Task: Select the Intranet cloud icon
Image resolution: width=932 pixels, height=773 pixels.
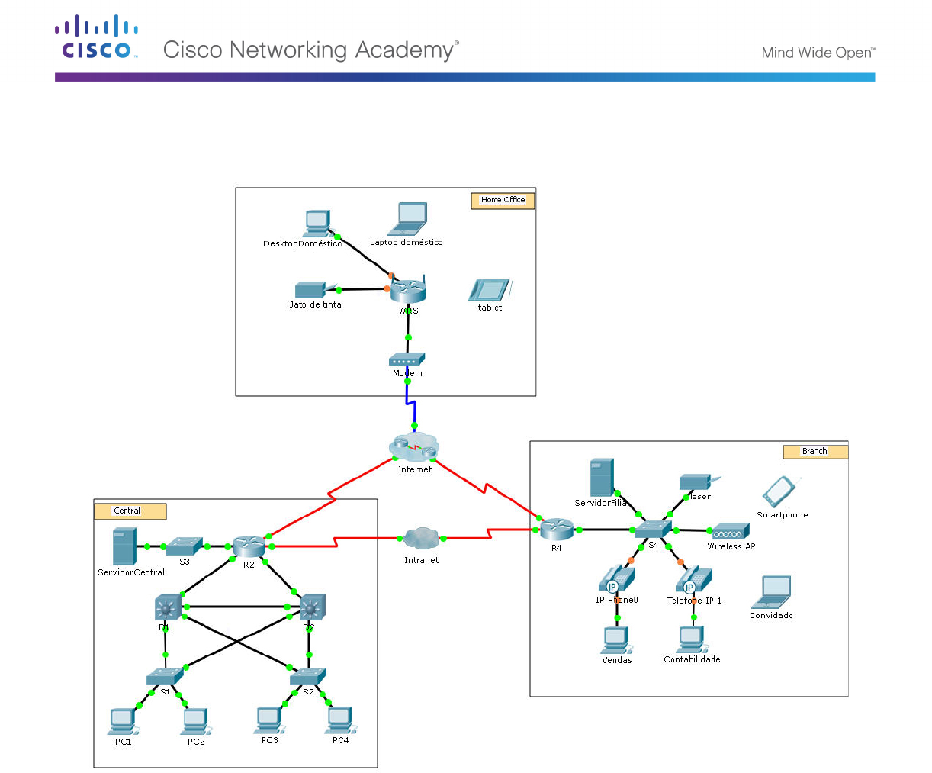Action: (420, 539)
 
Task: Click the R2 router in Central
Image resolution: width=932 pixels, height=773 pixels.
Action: (249, 546)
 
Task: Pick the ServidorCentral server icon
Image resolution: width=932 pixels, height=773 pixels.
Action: (124, 546)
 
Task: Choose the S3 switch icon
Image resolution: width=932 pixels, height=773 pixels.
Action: (184, 546)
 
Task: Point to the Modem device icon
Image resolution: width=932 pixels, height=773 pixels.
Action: (407, 360)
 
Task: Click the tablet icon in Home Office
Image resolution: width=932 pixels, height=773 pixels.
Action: (490, 291)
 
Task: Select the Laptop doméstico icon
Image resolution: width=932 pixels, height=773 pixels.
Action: (408, 220)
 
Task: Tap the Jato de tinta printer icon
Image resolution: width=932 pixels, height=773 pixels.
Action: (310, 290)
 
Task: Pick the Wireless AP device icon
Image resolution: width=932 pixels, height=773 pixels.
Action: (731, 532)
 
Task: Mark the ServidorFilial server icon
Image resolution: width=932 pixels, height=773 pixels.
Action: (602, 478)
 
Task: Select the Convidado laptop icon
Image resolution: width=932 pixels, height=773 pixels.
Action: (771, 592)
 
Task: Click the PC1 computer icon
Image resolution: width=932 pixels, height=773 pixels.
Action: (123, 720)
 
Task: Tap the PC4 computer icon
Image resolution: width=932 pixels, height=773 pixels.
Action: (339, 720)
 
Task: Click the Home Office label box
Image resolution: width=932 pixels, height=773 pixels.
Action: (503, 201)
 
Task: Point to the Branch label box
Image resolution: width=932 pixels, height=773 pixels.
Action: (815, 452)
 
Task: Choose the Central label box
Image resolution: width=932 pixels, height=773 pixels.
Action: (130, 511)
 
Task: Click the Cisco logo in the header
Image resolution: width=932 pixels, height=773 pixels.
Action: (97, 37)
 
